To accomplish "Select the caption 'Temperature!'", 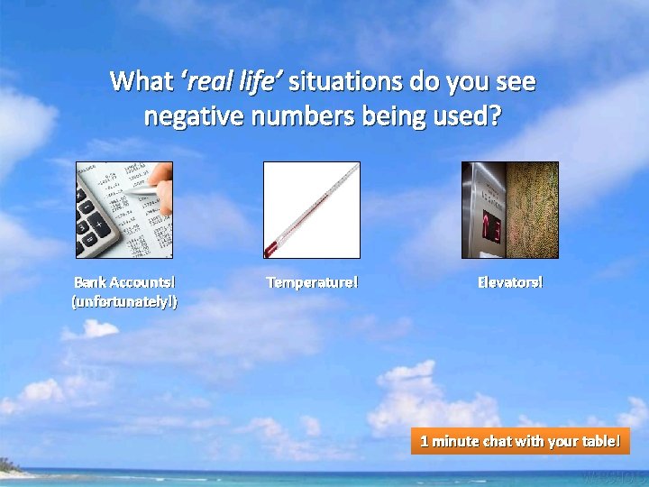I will coord(312,282).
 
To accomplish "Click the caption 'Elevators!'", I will coord(510,282).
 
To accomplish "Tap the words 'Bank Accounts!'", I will coord(124,282).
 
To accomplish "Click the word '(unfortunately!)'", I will coord(124,301).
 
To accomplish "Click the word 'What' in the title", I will coord(142,82).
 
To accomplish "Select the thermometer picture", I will coord(311,209).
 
